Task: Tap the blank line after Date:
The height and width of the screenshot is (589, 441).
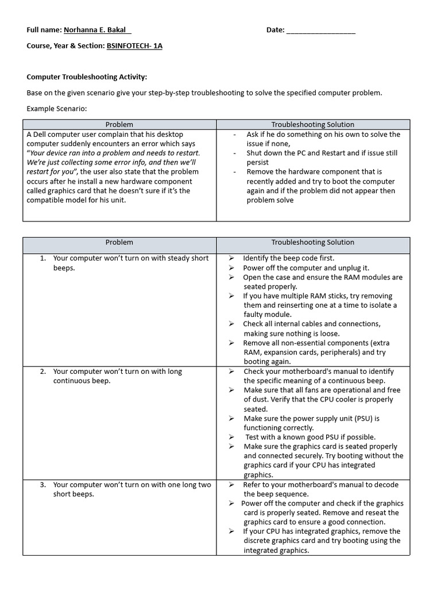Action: (320, 30)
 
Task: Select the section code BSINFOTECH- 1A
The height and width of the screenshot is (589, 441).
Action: (134, 45)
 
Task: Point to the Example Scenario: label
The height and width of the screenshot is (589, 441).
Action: (57, 108)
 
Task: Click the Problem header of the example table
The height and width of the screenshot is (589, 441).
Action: (119, 124)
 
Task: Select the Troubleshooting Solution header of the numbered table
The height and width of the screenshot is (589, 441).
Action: (313, 242)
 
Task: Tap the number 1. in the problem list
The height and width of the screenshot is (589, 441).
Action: (43, 258)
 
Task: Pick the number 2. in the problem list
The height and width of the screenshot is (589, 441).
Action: (43, 372)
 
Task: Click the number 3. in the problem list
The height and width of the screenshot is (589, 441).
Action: (43, 485)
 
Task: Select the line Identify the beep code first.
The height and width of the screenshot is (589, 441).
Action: (288, 258)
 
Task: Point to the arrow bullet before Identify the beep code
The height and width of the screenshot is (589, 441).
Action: (231, 258)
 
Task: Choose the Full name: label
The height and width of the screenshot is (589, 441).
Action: (44, 30)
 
